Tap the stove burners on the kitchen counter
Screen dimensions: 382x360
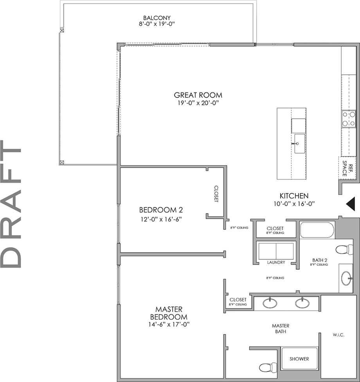click(348, 119)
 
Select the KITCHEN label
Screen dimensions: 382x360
click(294, 196)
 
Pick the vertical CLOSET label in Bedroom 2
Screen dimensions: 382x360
click(216, 194)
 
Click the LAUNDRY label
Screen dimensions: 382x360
click(276, 262)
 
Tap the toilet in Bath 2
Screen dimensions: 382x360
click(344, 249)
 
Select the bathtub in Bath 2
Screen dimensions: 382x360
click(317, 230)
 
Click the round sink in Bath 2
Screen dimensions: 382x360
click(347, 279)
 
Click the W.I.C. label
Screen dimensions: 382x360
click(338, 335)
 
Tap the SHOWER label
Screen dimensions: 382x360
click(299, 359)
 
